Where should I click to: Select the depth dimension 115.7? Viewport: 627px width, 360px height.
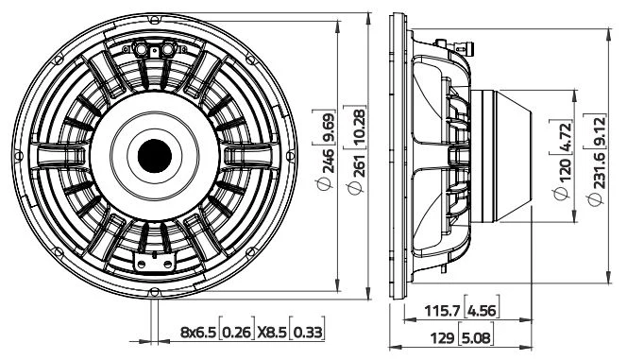click(442, 311)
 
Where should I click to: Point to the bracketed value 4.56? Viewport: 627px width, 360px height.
click(483, 311)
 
